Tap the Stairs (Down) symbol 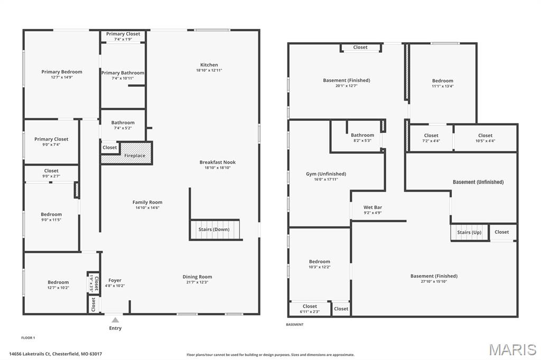[x=214, y=230]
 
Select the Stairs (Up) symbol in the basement [x=470, y=232]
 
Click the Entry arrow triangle [x=115, y=319]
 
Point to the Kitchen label [x=209, y=65]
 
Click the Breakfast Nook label [x=217, y=162]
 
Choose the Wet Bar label [x=372, y=207]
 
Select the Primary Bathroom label [x=123, y=73]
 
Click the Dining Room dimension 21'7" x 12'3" [x=197, y=282]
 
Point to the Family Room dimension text [x=147, y=207]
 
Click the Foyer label [x=115, y=280]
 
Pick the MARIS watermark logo [x=512, y=349]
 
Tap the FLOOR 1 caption [x=28, y=337]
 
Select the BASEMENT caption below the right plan [x=295, y=325]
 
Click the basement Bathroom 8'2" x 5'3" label [x=362, y=135]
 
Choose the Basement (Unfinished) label [x=478, y=182]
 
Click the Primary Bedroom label [x=62, y=72]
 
